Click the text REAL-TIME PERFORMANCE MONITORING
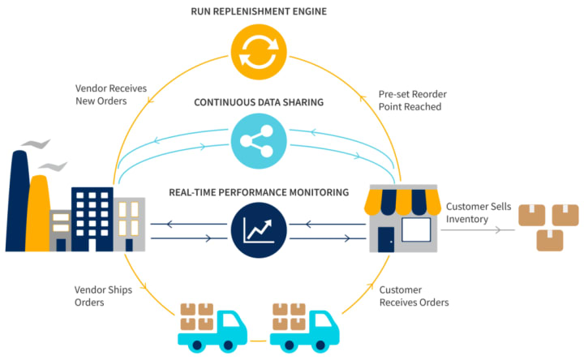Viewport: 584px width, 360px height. pyautogui.click(x=259, y=193)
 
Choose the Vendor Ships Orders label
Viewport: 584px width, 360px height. pyautogui.click(x=101, y=296)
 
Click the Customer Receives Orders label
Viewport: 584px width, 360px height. pyautogui.click(x=414, y=296)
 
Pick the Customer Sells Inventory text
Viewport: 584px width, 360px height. pyautogui.click(x=479, y=213)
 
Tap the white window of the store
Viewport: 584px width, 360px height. pyautogui.click(x=416, y=230)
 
